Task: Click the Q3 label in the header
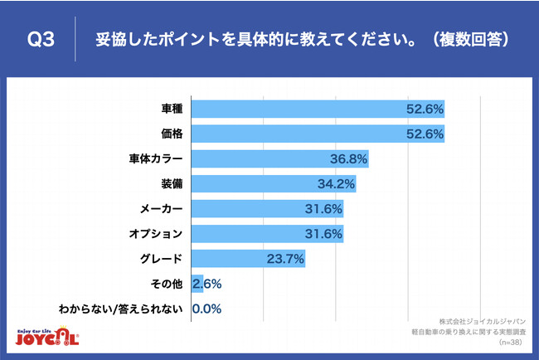click(x=41, y=40)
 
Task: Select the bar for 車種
click(x=318, y=108)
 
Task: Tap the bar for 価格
click(x=318, y=133)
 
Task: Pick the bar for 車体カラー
click(x=279, y=158)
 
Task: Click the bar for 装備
click(x=274, y=183)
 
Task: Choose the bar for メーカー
click(x=267, y=208)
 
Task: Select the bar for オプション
click(x=267, y=233)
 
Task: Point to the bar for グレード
click(x=248, y=258)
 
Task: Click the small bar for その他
click(x=197, y=284)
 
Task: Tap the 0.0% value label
click(x=206, y=309)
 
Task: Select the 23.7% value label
click(x=287, y=258)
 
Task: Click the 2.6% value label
click(x=206, y=284)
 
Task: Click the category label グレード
click(x=166, y=258)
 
